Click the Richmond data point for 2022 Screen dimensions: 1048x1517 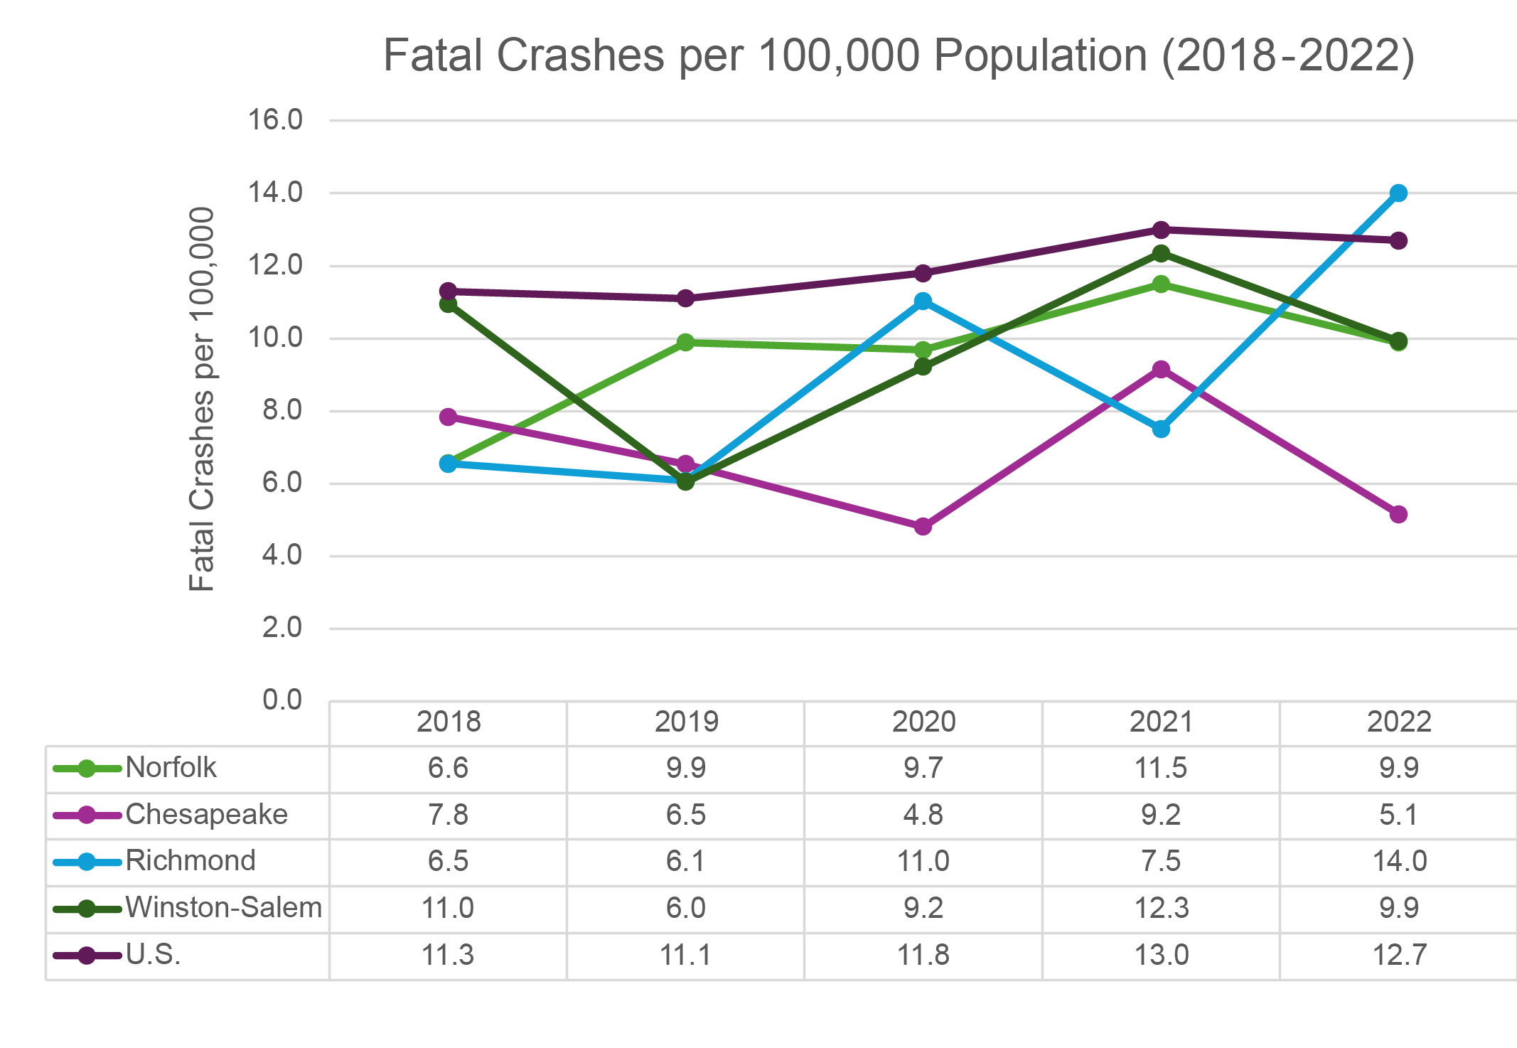pyautogui.click(x=1398, y=193)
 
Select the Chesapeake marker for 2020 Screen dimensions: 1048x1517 pyautogui.click(x=923, y=527)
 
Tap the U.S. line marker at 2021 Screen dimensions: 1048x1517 pyautogui.click(x=1161, y=230)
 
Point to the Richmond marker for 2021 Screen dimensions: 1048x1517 pyautogui.click(x=1161, y=429)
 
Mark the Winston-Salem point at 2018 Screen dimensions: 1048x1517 pyautogui.click(x=448, y=304)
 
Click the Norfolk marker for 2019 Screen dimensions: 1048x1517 pyautogui.click(x=685, y=343)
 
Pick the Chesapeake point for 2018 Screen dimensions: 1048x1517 pyautogui.click(x=448, y=417)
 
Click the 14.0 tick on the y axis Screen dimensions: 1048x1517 pyautogui.click(x=274, y=193)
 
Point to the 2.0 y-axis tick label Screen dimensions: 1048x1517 pyautogui.click(x=282, y=628)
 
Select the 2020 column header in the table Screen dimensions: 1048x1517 pyautogui.click(x=923, y=722)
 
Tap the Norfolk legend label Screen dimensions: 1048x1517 pyautogui.click(x=171, y=768)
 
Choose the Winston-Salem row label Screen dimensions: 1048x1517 pyautogui.click(x=223, y=908)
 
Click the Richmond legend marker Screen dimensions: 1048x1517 pyautogui.click(x=87, y=862)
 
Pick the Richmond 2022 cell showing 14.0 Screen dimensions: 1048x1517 pyautogui.click(x=1398, y=861)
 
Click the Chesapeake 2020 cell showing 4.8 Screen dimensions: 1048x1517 pyautogui.click(x=923, y=815)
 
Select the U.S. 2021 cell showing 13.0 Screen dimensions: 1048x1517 pyautogui.click(x=1161, y=955)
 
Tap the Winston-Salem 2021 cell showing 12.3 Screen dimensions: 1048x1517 pyautogui.click(x=1161, y=908)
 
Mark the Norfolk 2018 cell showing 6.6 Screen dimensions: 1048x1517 pyautogui.click(x=448, y=768)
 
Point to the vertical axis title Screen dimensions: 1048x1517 pyautogui.click(x=202, y=398)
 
